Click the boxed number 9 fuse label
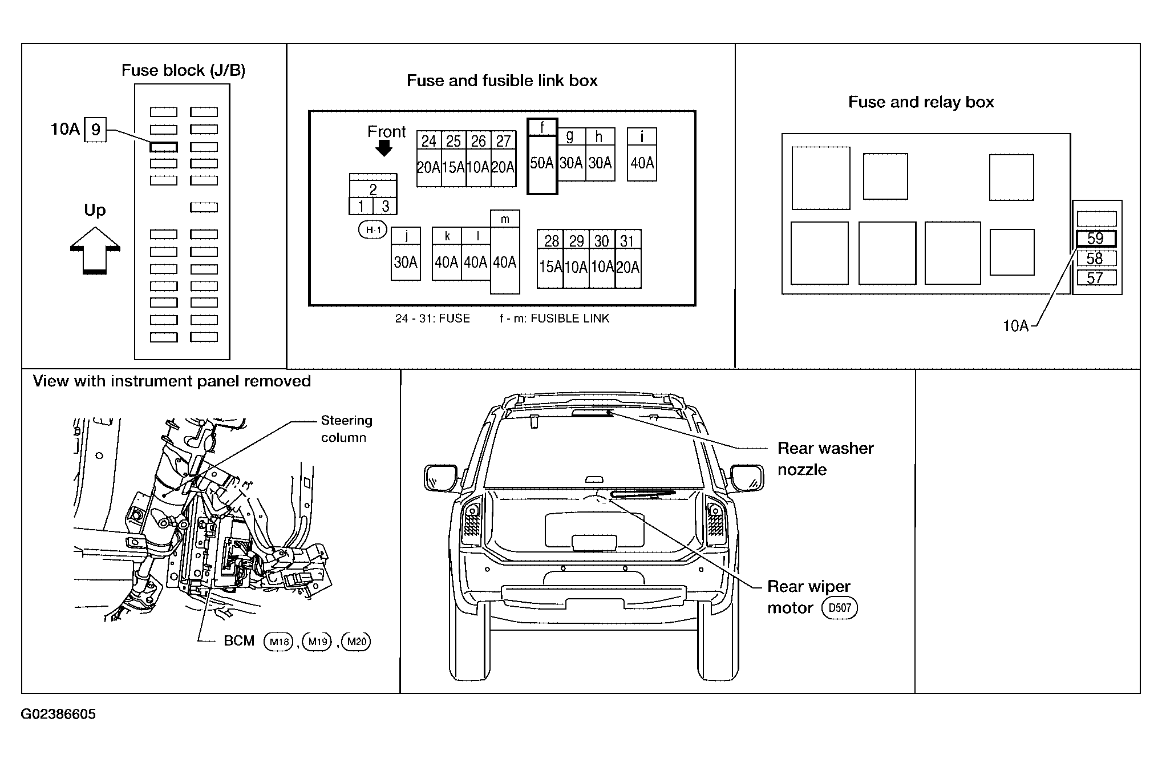(x=95, y=130)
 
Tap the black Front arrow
(x=384, y=148)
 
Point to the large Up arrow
(x=95, y=251)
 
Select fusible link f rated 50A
(x=542, y=157)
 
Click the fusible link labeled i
(x=642, y=154)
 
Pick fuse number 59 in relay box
(x=1096, y=239)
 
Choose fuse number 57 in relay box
(x=1096, y=278)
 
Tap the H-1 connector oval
(x=373, y=230)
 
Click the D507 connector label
(x=840, y=608)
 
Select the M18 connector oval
(x=278, y=642)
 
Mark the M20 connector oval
(x=357, y=642)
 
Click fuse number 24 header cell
(x=429, y=140)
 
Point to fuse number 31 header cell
(x=628, y=240)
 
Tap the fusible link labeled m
(x=505, y=252)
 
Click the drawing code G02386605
(x=58, y=715)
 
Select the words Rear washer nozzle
(x=825, y=459)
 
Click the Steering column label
(x=346, y=429)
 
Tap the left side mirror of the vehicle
(x=440, y=478)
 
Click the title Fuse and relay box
(x=921, y=102)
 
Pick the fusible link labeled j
(x=406, y=253)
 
